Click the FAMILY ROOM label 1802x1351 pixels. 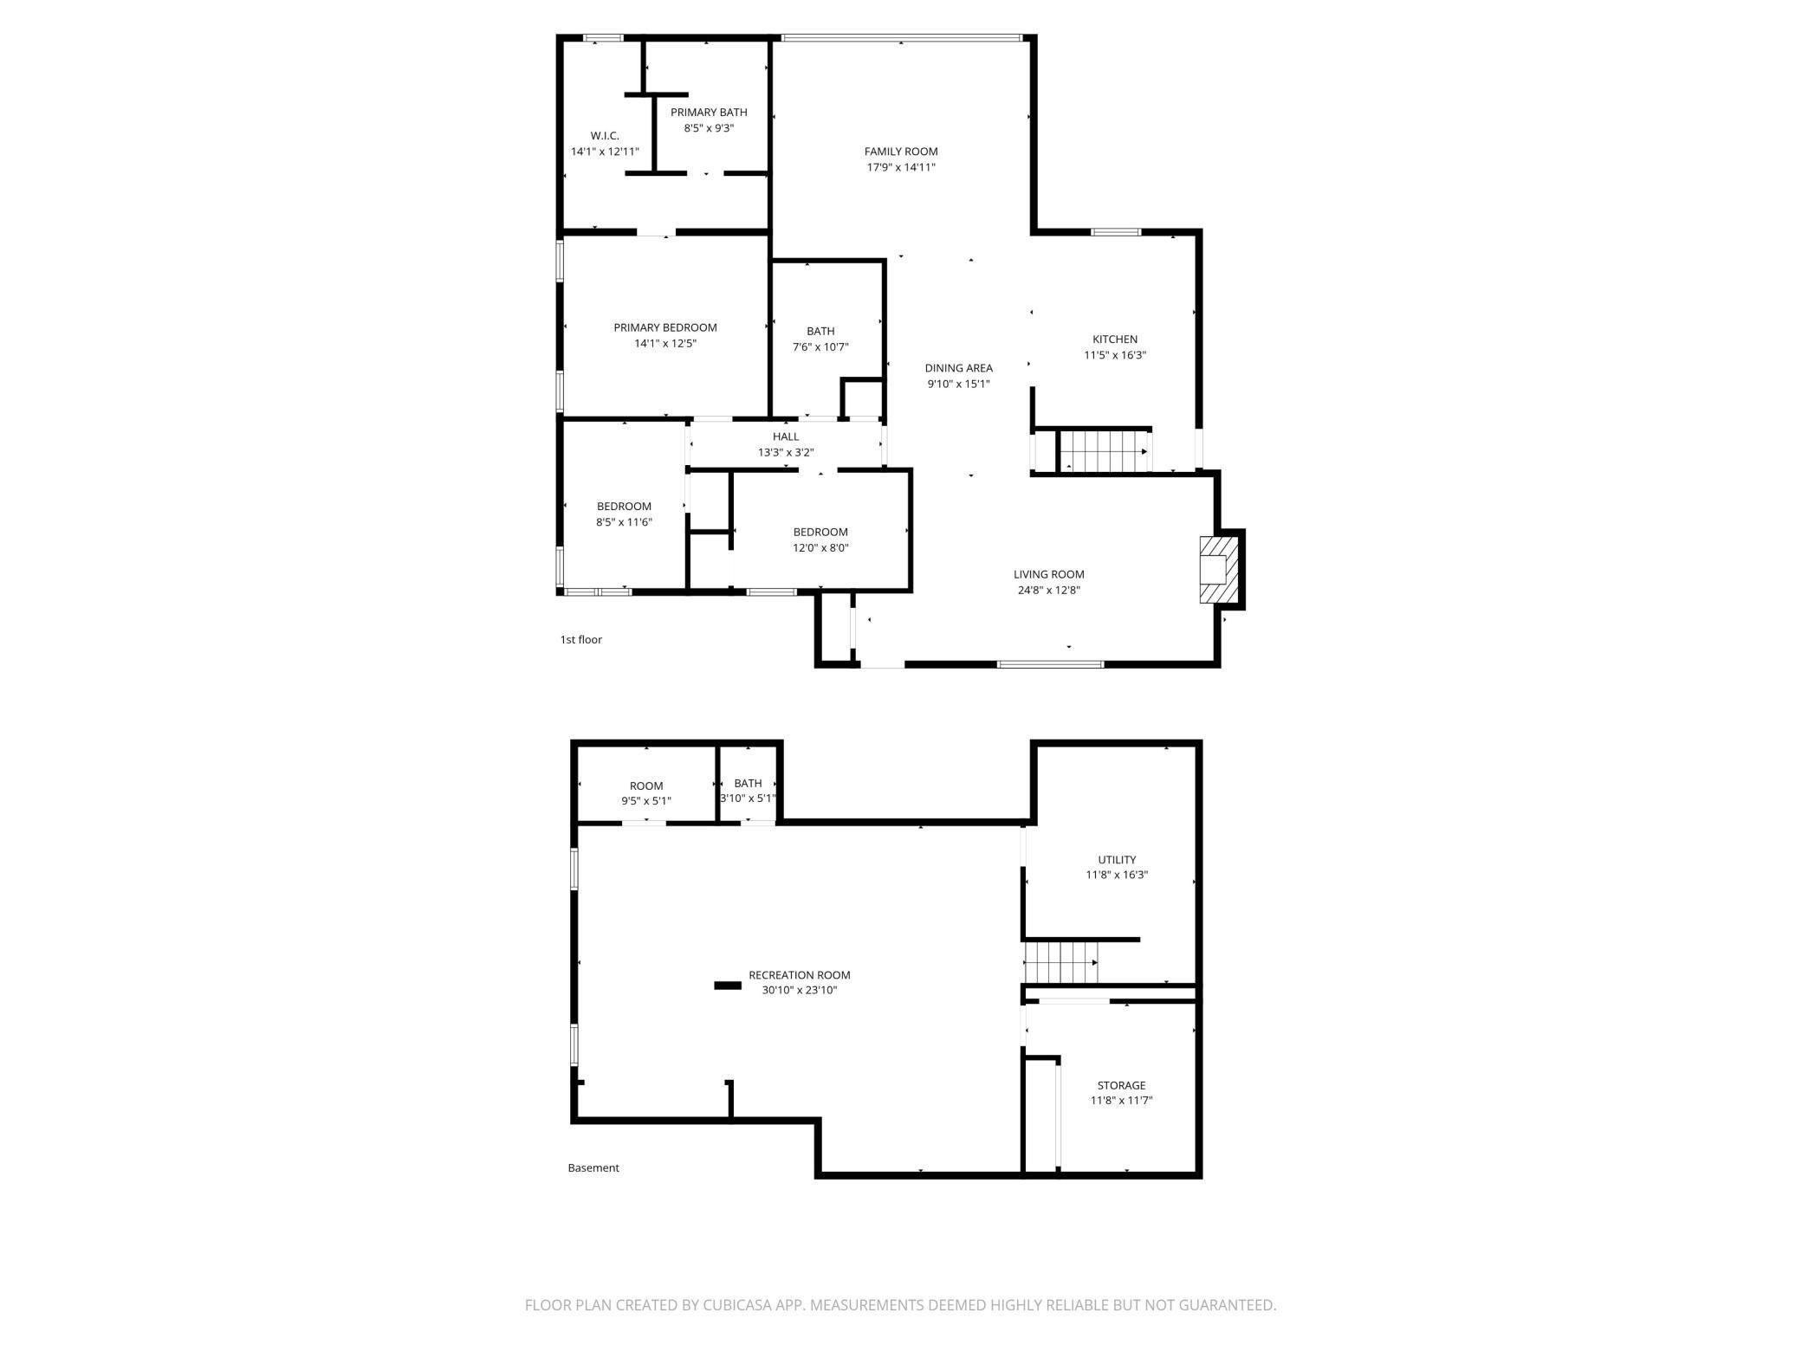coord(901,152)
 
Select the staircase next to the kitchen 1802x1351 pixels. coord(1102,450)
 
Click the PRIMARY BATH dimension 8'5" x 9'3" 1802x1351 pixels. coord(709,128)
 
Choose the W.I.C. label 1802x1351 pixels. coord(605,136)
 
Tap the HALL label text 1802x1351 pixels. coord(786,436)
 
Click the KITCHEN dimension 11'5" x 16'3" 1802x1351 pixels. coord(1115,355)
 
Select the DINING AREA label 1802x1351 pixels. coord(958,368)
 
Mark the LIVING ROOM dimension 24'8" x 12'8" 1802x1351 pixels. coord(1049,591)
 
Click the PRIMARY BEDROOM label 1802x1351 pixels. coord(665,327)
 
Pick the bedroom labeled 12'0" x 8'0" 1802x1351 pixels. coord(820,540)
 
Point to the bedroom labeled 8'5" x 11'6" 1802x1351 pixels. coord(624,514)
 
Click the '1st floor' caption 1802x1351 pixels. coord(580,640)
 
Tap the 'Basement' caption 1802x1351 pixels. coord(593,1167)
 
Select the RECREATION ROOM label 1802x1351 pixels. coord(800,975)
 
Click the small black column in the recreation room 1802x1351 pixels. coord(728,985)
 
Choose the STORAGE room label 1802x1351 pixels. coord(1121,1085)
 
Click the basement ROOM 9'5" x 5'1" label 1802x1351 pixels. coord(646,786)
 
